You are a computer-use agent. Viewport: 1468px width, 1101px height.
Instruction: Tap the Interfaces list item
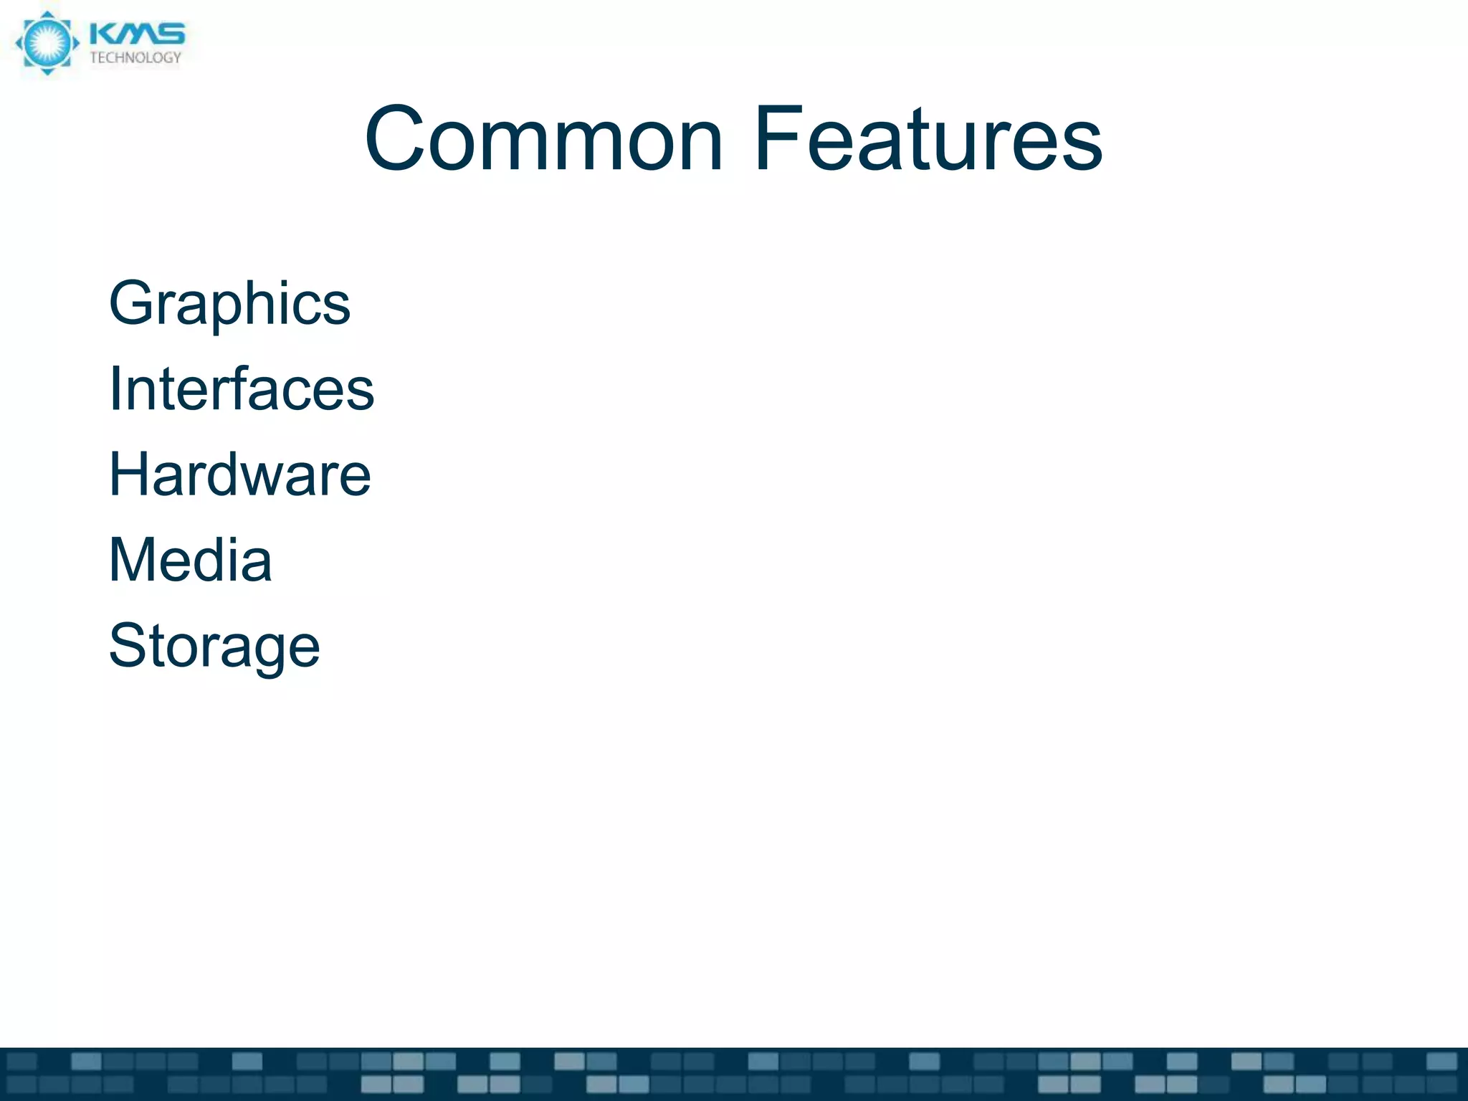[241, 389]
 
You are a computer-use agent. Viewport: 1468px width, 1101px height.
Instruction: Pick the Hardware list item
[239, 475]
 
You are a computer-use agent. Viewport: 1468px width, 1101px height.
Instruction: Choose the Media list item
[190, 560]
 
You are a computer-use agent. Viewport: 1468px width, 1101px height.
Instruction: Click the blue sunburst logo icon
[47, 43]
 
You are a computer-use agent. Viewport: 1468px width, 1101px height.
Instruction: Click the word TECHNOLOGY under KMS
[135, 58]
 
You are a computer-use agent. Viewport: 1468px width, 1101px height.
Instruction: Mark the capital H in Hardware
[129, 475]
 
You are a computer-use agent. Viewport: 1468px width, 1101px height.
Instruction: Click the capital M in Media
[133, 560]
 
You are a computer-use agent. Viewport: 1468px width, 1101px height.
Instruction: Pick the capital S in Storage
[128, 646]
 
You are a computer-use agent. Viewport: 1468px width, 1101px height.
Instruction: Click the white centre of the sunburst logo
[47, 43]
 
